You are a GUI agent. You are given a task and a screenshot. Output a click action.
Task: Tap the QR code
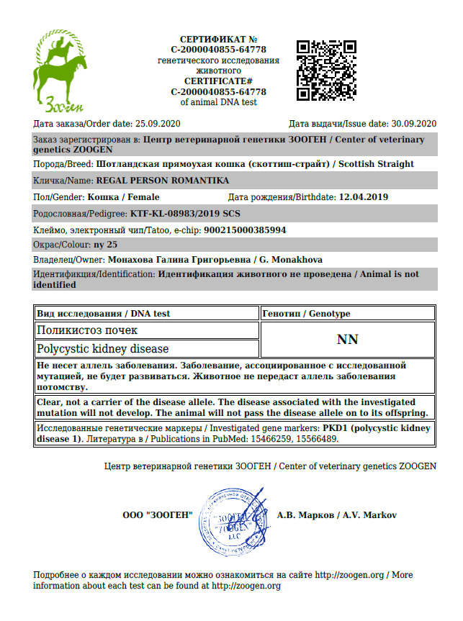click(327, 70)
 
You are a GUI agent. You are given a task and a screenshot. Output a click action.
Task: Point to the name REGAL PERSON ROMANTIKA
click(162, 180)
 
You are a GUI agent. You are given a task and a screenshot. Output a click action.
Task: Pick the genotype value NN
click(347, 340)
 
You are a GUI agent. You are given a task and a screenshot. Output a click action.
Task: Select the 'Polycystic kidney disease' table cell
click(102, 349)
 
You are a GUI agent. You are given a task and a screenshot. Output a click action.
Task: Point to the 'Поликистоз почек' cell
click(87, 330)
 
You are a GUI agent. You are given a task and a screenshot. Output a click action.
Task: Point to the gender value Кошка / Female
click(123, 196)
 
